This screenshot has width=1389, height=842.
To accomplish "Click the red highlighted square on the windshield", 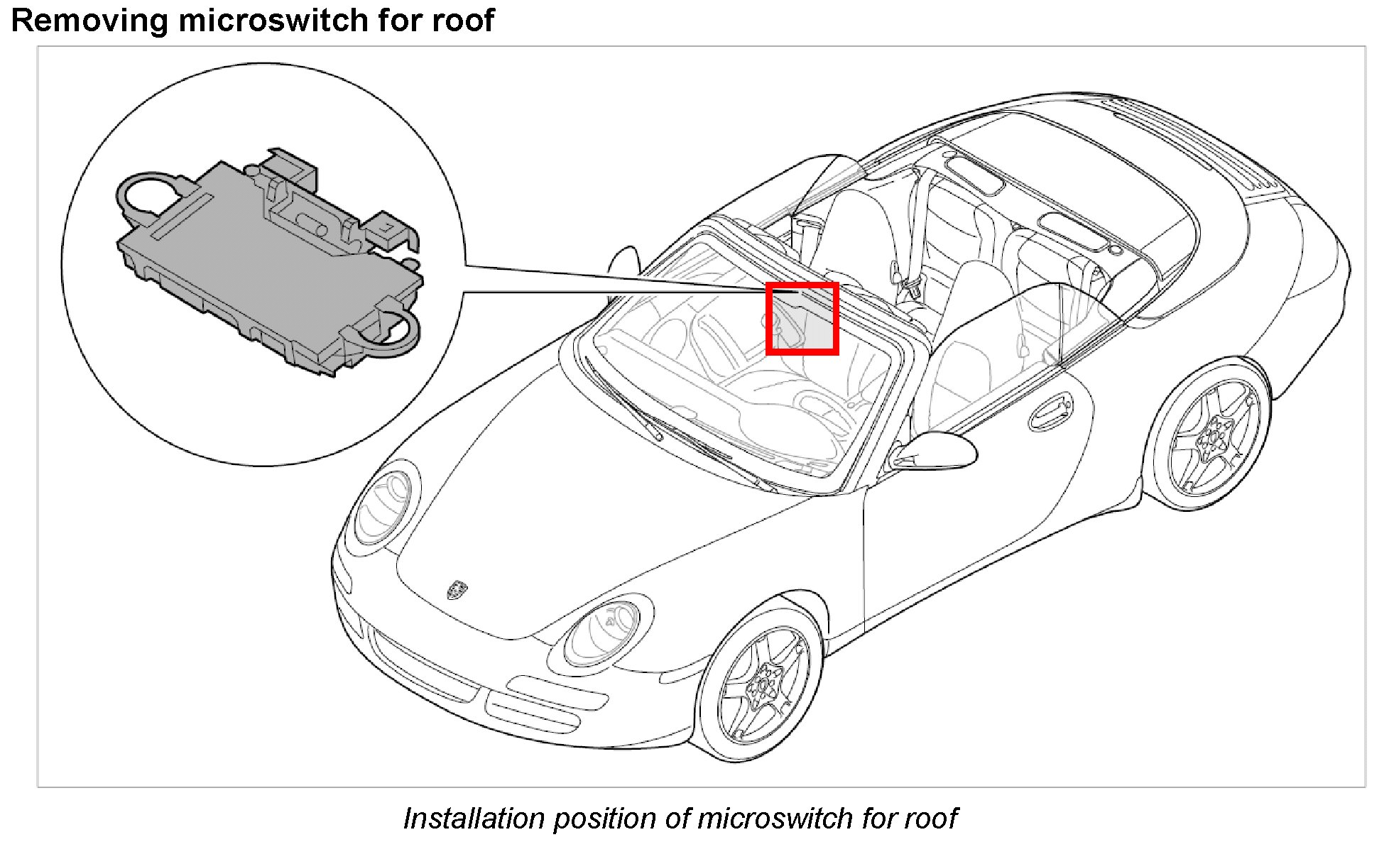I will (802, 318).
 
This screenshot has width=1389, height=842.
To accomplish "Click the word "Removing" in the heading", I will (89, 20).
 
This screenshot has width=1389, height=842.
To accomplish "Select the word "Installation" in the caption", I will (474, 819).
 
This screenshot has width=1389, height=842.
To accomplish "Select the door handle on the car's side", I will (1049, 411).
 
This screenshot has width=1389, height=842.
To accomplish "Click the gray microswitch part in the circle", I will (270, 263).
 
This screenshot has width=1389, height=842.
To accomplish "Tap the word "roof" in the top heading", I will (465, 20).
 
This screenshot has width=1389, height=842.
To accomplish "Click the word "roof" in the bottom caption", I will (930, 819).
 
